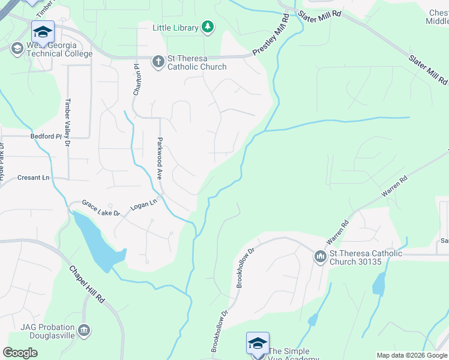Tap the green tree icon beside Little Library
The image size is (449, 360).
tap(208, 26)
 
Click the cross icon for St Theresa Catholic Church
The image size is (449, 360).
tap(158, 61)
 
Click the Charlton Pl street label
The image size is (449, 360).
tap(137, 80)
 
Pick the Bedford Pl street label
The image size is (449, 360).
tap(46, 136)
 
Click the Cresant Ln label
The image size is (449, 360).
tap(33, 178)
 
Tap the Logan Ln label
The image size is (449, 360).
tap(143, 205)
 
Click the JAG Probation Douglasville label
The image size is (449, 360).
tap(47, 331)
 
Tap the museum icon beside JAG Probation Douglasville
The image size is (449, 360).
tap(84, 329)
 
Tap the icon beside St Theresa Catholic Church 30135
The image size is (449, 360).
tap(320, 257)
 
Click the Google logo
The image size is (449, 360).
tap(20, 353)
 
